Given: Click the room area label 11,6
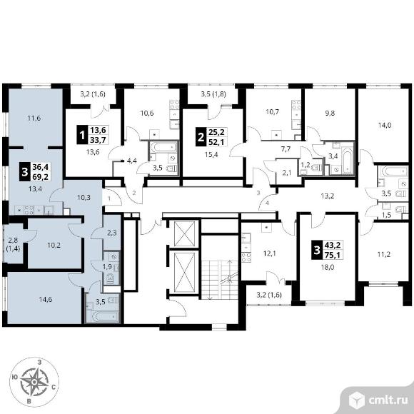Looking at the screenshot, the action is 34,118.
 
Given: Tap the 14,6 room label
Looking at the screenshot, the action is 46,299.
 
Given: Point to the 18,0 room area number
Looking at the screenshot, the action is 328,267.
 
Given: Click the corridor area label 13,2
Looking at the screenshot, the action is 328,196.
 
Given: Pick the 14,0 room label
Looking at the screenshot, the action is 385,125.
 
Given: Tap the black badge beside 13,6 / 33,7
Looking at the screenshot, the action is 82,135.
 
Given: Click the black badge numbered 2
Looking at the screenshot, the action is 201,137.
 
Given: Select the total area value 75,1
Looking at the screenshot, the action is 333,255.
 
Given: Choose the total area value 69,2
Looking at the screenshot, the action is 41,176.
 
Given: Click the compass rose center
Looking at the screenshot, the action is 34,382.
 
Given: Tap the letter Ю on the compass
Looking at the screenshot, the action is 15,377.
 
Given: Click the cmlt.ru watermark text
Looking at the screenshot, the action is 388,400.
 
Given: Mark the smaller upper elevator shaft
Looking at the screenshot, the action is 185,234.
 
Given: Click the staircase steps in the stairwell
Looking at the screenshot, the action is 220,280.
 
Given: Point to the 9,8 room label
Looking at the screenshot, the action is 330,113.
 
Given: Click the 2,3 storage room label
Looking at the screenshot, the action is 112,233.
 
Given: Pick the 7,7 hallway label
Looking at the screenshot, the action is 286,149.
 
